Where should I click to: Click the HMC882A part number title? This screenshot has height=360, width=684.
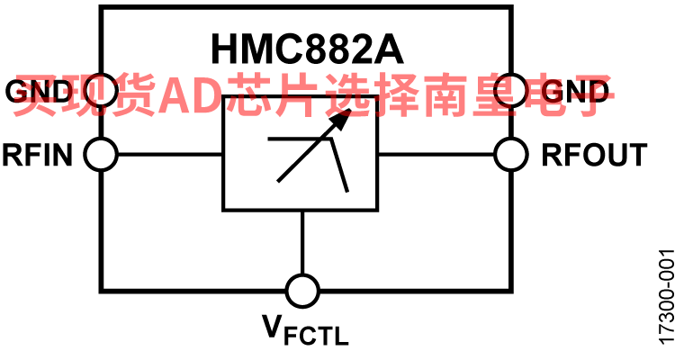coord(307,49)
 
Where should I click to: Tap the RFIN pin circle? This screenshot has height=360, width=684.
coord(101,155)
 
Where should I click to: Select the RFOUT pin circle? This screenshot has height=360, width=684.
coord(511,155)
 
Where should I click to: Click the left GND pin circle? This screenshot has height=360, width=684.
coord(101,90)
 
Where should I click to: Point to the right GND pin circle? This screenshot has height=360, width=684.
coord(511,90)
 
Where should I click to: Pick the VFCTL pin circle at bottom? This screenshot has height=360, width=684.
coord(302,291)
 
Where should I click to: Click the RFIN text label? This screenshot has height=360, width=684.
coord(38,155)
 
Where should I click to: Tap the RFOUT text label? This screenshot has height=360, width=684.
coord(594,155)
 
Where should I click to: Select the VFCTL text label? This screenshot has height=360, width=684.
coord(305,330)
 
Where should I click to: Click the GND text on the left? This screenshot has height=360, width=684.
coord(39,91)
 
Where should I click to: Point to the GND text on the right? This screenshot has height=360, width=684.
coord(575,91)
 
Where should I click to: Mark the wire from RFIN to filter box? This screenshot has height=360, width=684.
coord(170,155)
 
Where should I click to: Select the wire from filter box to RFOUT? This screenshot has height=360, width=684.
coord(436,155)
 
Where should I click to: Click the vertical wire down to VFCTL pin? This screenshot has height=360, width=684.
coord(302,243)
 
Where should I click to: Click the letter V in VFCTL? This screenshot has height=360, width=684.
coord(272,327)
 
